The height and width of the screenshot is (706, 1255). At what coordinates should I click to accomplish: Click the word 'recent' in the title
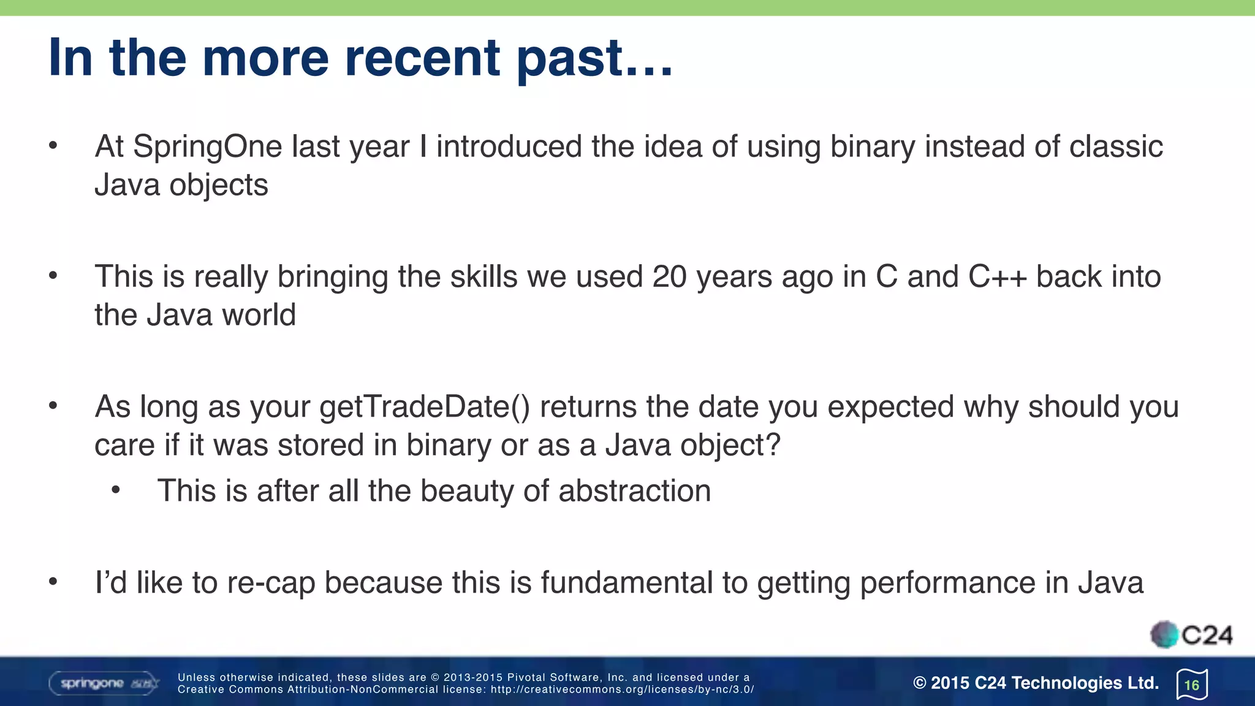pos(422,58)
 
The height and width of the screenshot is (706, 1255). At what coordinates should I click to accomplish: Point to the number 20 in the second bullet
pos(669,277)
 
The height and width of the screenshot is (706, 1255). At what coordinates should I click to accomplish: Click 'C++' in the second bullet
pos(997,277)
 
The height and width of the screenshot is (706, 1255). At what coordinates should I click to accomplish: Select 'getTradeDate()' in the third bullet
pos(425,407)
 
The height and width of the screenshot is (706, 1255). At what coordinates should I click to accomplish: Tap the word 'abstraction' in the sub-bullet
pos(634,491)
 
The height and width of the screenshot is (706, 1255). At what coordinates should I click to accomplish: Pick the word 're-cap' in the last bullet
pos(270,583)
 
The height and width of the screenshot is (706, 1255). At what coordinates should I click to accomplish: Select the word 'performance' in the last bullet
pos(947,583)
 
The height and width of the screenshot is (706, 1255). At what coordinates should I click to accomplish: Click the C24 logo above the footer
pos(1191,635)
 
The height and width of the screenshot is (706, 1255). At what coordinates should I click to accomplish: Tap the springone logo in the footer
pos(103,683)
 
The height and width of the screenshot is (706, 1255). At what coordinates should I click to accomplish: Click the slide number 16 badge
pos(1192,685)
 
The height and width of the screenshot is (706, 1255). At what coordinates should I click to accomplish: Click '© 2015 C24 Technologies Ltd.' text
pos(1036,683)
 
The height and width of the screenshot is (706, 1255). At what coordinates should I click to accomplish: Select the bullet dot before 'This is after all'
pos(116,490)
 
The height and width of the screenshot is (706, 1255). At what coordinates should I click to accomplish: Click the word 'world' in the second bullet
pos(259,315)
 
